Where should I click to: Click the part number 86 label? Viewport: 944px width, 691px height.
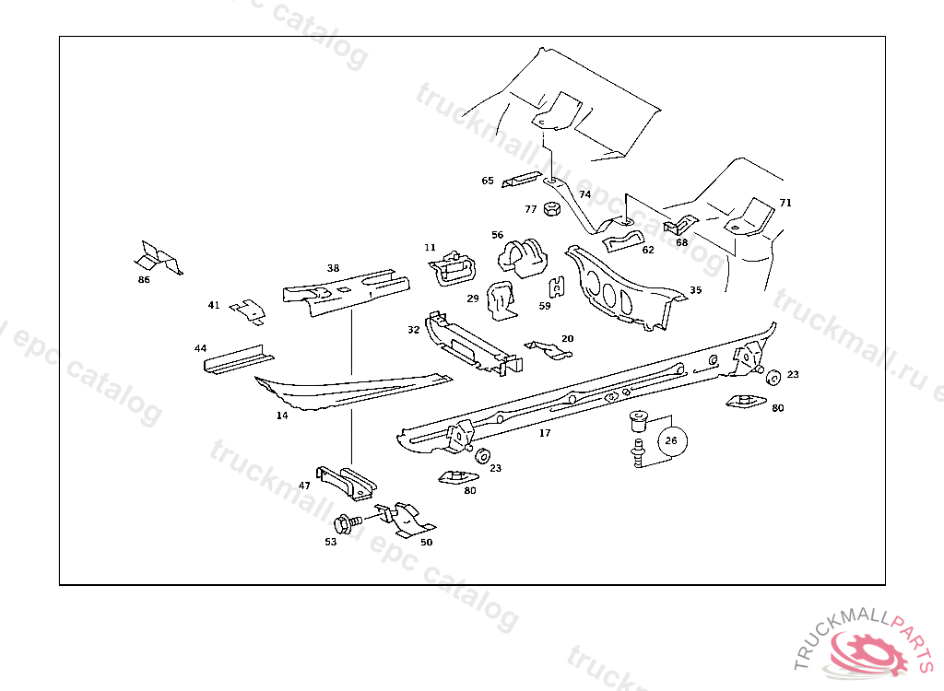click(143, 279)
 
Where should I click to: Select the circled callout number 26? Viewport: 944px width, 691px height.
click(671, 440)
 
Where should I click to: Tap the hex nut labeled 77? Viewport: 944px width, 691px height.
click(551, 209)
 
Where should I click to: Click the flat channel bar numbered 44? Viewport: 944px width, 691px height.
click(237, 357)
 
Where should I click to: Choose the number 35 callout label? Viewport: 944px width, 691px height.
click(696, 290)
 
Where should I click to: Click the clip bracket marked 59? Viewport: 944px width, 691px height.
click(557, 288)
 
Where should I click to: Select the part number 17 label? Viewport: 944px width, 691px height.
click(545, 433)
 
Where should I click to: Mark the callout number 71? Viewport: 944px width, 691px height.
click(785, 203)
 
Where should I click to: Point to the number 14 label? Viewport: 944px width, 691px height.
click(282, 416)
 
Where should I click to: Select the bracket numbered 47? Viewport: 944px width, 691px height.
click(347, 479)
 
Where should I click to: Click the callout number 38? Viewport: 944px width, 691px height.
click(333, 268)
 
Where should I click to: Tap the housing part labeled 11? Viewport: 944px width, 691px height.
click(454, 270)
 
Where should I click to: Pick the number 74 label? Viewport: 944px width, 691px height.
click(584, 194)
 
